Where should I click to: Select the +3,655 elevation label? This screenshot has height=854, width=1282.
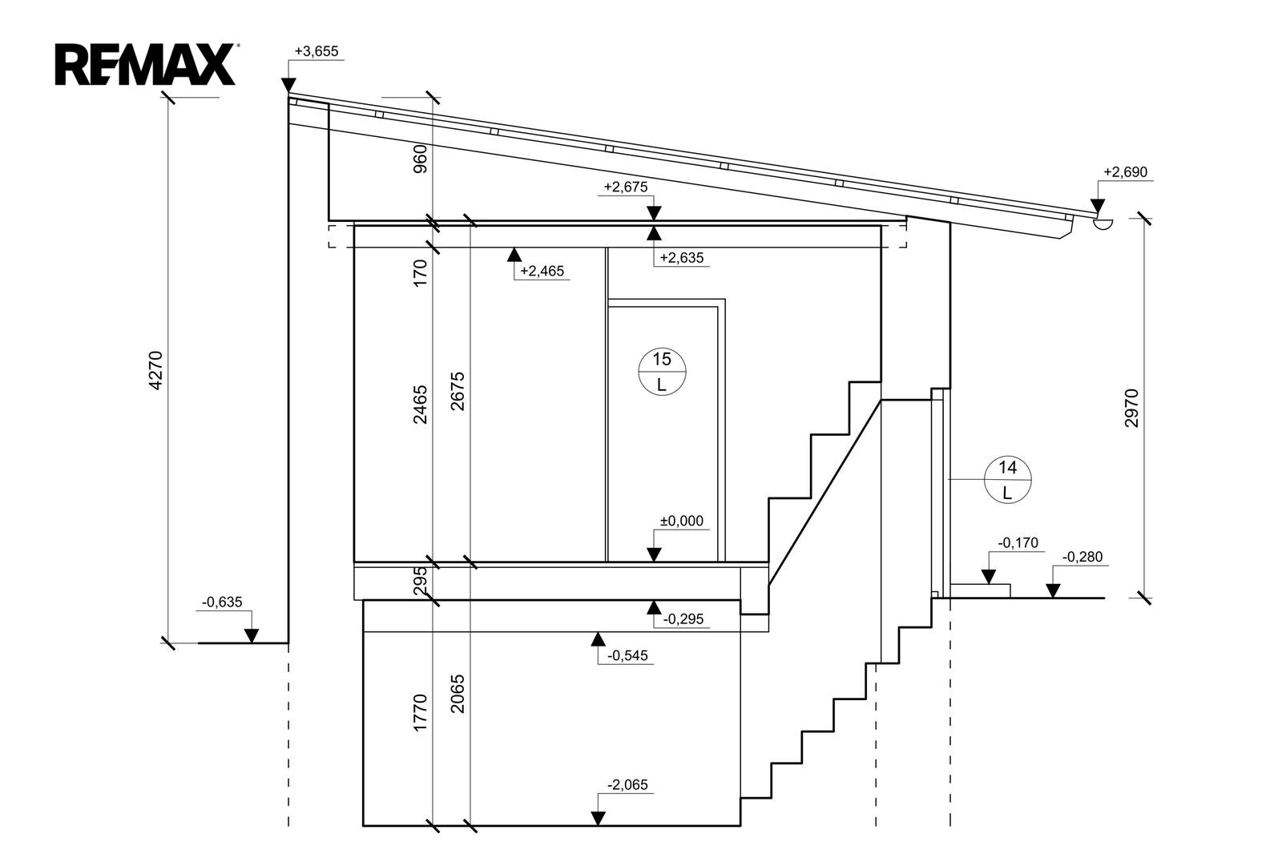(316, 51)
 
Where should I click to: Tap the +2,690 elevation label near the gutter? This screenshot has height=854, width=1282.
(1125, 171)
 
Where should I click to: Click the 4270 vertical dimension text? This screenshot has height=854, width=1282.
(155, 370)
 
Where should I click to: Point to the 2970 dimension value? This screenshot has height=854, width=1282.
(1131, 408)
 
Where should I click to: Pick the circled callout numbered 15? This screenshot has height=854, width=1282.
(662, 371)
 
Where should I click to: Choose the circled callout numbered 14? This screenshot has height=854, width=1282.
(1007, 480)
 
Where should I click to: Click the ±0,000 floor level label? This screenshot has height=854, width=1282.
(682, 521)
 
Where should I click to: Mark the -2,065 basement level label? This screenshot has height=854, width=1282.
(628, 785)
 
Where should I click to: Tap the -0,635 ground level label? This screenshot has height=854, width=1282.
(222, 602)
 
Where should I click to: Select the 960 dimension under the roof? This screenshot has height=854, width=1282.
(420, 159)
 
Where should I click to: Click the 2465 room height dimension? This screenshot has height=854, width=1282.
(420, 405)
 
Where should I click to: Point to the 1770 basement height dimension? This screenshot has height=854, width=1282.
(420, 713)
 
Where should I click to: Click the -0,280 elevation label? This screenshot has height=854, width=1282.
(1082, 557)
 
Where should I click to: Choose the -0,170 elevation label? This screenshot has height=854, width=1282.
(1018, 542)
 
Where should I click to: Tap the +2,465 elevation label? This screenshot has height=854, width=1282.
(542, 271)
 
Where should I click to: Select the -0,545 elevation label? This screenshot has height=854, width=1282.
(627, 655)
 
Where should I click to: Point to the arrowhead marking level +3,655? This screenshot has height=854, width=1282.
(289, 85)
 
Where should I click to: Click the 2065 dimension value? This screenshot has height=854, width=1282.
(458, 694)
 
